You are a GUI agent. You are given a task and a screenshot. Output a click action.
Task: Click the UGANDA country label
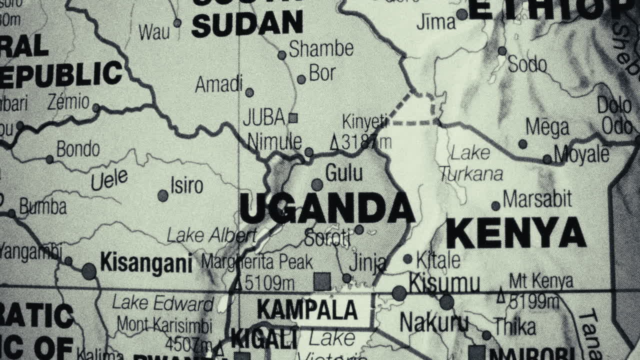pos(327,208)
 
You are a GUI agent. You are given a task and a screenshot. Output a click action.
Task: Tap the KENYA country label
pos(515,233)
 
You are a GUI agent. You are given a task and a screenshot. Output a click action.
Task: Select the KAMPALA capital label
pos(307,309)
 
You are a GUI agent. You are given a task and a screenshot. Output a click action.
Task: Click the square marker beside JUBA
pos(293,118)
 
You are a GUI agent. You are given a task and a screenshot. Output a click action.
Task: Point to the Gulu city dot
pos(317,185)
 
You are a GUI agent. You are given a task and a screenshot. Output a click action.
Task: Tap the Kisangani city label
pos(146,262)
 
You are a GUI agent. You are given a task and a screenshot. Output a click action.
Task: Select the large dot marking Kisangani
pos(89,271)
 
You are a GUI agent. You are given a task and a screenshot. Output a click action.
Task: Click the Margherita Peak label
pos(257,261)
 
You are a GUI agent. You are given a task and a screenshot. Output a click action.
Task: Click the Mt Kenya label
pos(541,281)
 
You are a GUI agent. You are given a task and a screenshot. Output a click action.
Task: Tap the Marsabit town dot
pos(495,205)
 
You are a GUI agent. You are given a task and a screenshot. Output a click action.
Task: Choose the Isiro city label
pos(186,186)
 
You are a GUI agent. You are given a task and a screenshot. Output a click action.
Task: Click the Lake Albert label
pos(211,235)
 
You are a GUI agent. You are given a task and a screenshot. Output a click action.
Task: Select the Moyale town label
pos(581,154)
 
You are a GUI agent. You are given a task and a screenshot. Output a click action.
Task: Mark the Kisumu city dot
pos(399,293)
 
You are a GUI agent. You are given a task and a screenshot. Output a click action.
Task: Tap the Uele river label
pos(109,179)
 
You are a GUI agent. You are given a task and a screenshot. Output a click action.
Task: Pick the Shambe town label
pos(321,48)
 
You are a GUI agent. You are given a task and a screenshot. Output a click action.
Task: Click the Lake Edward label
pos(163,303)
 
